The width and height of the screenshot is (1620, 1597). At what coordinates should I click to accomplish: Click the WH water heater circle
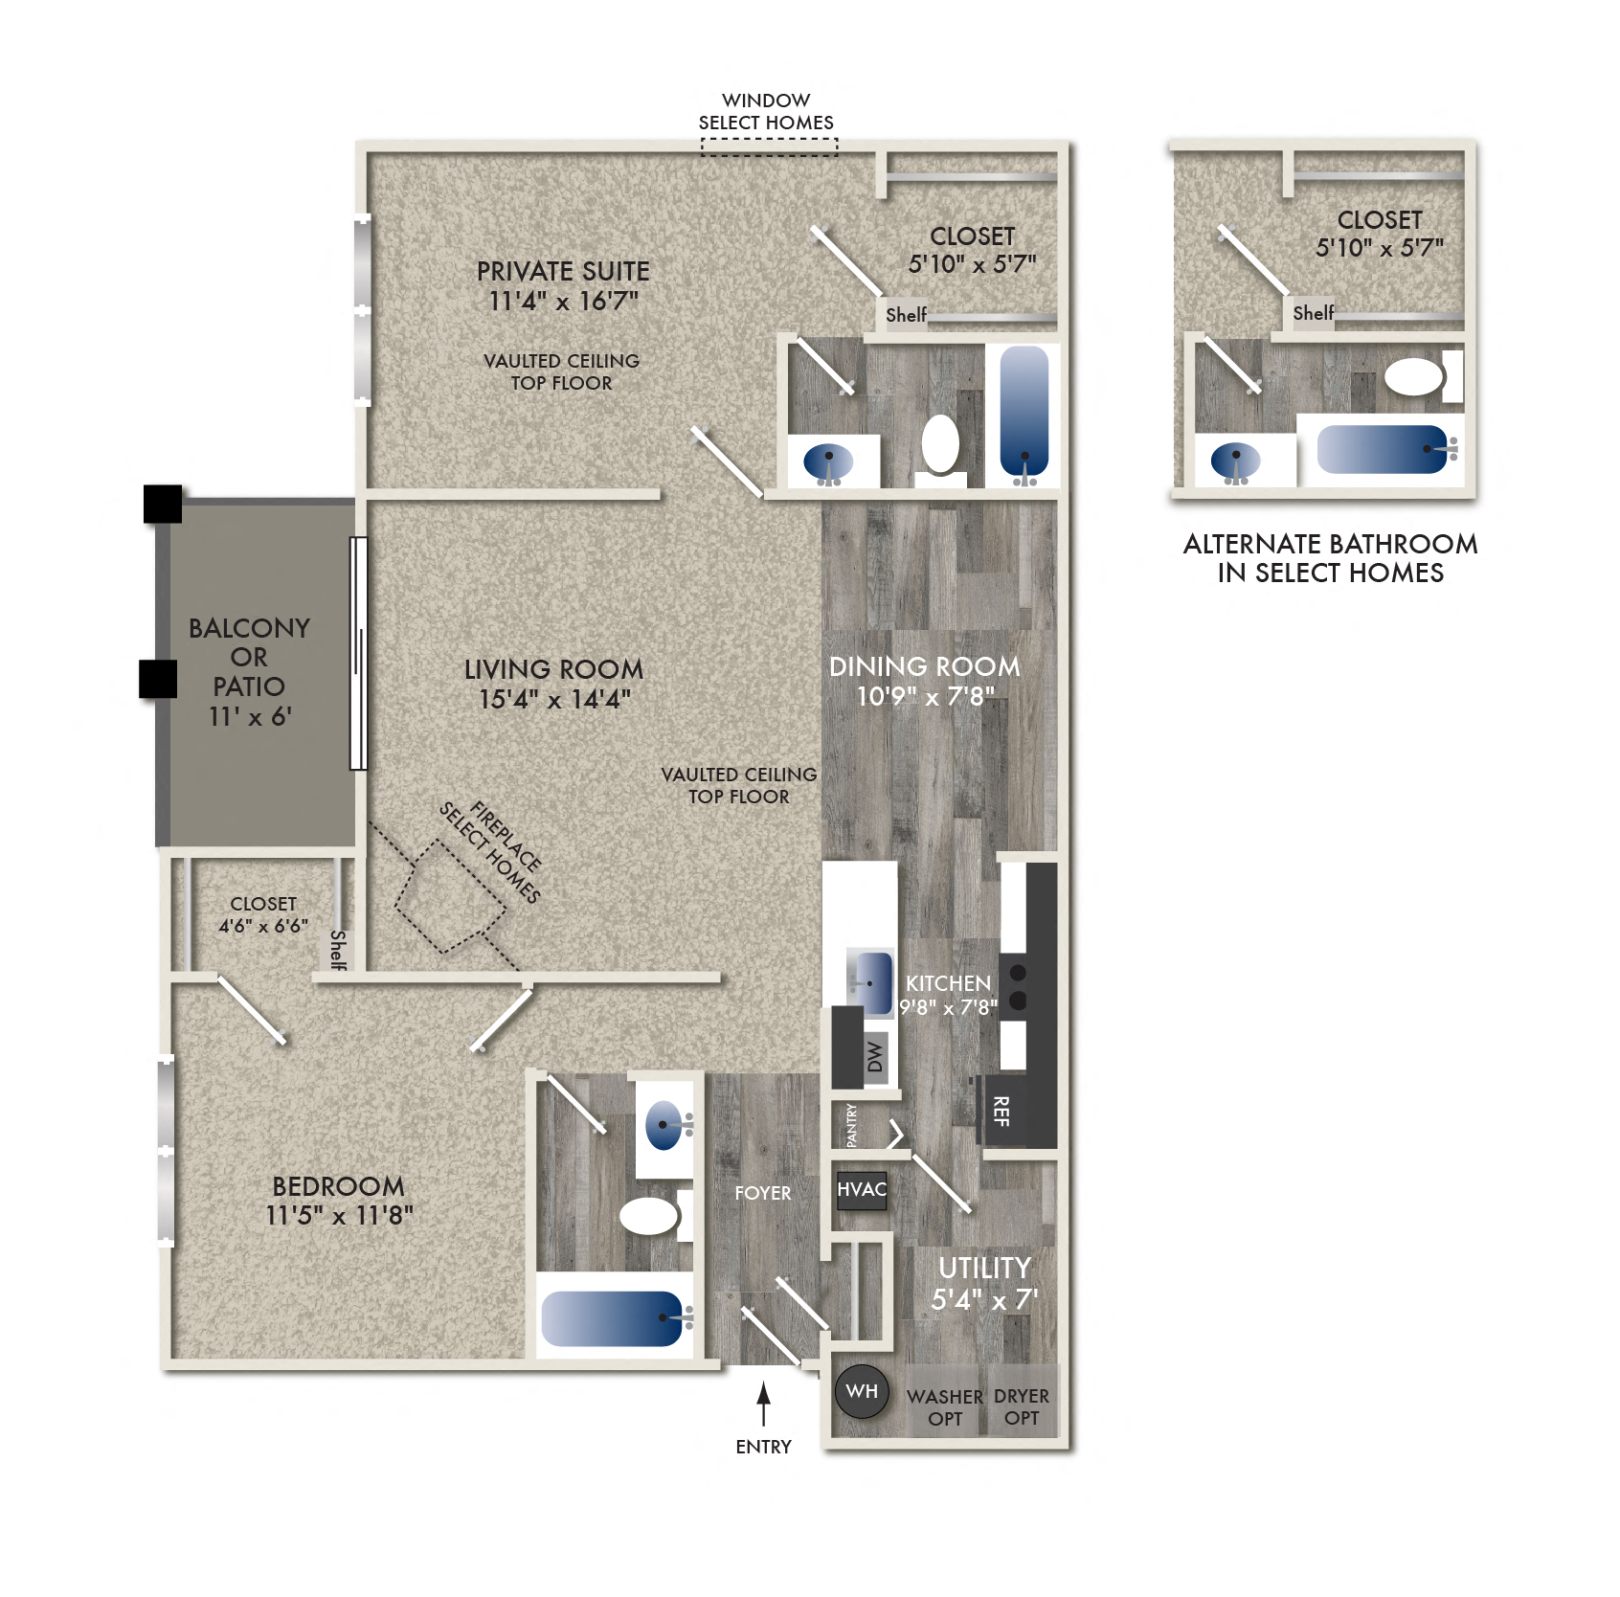(862, 1391)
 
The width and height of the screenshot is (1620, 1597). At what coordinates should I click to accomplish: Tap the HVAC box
(862, 1190)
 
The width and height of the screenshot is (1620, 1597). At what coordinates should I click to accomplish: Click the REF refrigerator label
(1001, 1112)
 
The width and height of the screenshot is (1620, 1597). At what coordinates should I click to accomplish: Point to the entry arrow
(763, 1404)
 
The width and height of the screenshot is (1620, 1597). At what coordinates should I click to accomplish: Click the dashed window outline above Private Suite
(769, 146)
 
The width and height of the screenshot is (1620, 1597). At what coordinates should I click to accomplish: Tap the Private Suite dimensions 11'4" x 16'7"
(563, 302)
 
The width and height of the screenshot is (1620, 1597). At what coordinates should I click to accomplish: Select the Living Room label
(553, 669)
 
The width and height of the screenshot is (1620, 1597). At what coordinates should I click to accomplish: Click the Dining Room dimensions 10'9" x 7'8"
(925, 696)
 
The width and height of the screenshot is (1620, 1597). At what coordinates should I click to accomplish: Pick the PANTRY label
(851, 1125)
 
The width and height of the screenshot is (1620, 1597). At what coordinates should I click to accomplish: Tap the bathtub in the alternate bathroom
(1381, 449)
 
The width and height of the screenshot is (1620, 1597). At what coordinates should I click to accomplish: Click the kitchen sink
(871, 981)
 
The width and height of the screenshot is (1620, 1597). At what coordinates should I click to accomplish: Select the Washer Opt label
(945, 1408)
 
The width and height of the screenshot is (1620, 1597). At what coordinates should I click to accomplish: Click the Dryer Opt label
(1022, 1407)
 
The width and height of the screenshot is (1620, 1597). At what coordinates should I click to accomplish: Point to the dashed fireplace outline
(450, 897)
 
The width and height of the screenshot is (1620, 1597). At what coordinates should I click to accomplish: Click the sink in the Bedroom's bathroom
(664, 1126)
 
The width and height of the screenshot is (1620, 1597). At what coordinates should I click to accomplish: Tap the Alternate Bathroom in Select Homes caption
(1330, 558)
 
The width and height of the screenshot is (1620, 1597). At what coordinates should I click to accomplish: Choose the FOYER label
(762, 1193)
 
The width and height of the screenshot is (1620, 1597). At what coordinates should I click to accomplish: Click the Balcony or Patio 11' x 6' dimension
(250, 716)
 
